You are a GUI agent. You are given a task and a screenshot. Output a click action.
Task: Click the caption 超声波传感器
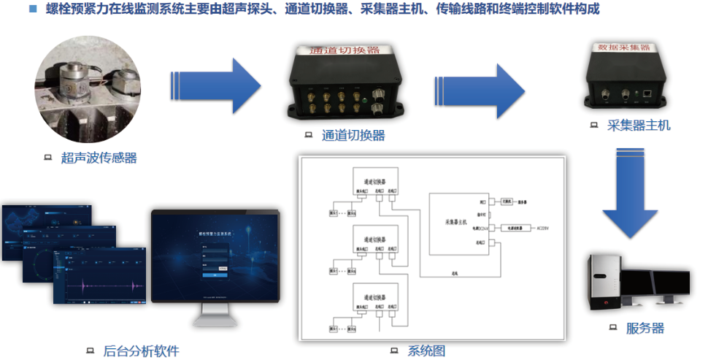(99, 157)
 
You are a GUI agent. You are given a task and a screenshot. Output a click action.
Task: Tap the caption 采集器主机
(638, 125)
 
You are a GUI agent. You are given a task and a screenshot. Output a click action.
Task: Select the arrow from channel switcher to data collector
(480, 85)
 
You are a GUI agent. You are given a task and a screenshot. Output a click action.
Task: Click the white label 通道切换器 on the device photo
(345, 50)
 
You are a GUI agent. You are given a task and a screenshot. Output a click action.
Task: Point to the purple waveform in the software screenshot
(102, 284)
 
